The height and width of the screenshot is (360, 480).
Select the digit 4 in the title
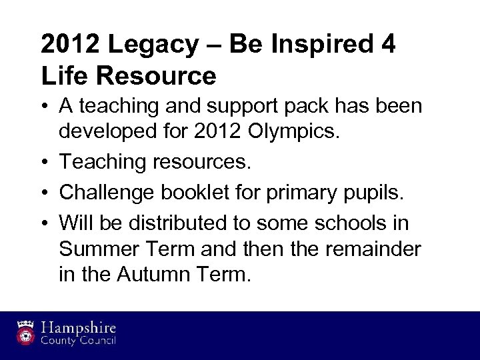tap(389, 45)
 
